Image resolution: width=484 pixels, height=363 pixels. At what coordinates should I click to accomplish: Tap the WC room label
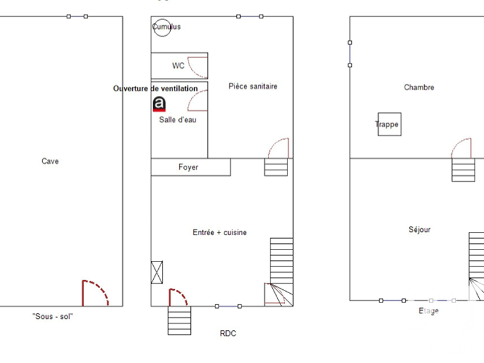[x=178, y=66]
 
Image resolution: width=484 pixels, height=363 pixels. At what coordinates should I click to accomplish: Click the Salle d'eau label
[x=178, y=120]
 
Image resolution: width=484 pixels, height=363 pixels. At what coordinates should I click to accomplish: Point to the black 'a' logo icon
[x=159, y=104]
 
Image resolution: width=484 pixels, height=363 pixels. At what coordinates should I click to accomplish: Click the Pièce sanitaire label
[x=253, y=86]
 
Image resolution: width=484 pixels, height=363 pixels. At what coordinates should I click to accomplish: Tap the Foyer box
[x=191, y=167]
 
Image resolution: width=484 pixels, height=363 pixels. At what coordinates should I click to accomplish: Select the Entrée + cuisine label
[x=219, y=233]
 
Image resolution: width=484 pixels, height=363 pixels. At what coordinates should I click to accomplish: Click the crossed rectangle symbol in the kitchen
[x=157, y=272]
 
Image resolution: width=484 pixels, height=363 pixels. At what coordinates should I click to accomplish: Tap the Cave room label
[x=50, y=161]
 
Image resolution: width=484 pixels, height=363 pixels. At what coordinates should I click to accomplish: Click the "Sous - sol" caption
[x=52, y=316]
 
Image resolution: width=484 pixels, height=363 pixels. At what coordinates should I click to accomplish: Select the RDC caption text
[x=228, y=333]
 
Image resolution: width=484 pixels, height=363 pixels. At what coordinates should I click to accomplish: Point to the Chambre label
[x=419, y=88]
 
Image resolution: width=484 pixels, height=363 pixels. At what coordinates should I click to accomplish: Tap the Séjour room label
[x=420, y=229]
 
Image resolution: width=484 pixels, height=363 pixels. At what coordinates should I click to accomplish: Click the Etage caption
[x=429, y=311]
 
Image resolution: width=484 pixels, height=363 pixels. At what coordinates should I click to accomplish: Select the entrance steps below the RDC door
[x=180, y=320]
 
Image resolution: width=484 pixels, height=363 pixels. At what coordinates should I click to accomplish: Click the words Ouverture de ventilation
[x=155, y=89]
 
